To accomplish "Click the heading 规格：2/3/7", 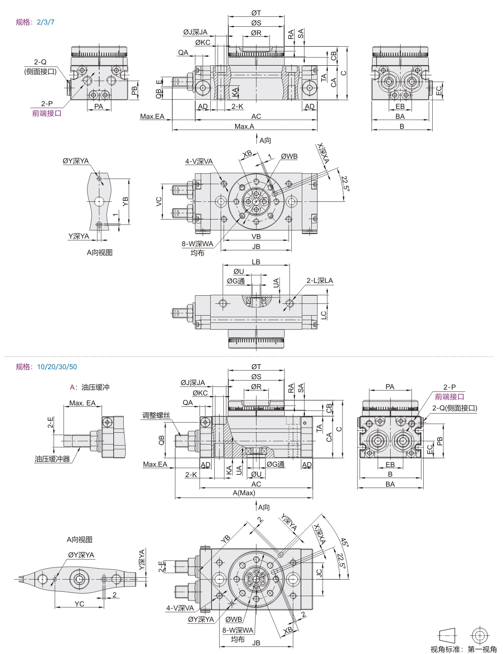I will [x=35, y=22].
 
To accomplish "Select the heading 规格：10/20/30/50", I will [x=46, y=366].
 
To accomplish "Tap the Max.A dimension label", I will [x=244, y=127].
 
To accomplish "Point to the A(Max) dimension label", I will [x=244, y=493].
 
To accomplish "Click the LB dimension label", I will [x=256, y=262].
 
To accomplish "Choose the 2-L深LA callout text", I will [x=319, y=281].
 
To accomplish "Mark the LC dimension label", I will [x=324, y=315].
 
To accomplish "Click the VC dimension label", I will [x=159, y=201].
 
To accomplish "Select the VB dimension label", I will [x=256, y=237].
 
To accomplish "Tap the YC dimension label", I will [x=79, y=604].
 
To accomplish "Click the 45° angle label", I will [x=344, y=542].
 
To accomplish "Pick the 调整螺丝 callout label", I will [x=156, y=415].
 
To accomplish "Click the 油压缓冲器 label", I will [x=53, y=459].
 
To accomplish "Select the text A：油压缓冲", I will [x=90, y=387].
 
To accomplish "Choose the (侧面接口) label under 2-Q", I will [x=40, y=71].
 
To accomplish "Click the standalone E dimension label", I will [x=159, y=83].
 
